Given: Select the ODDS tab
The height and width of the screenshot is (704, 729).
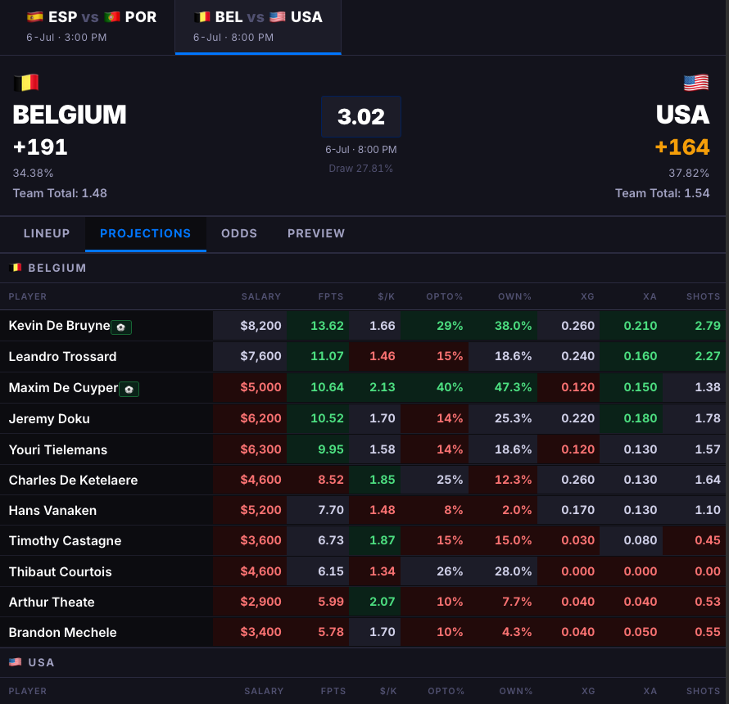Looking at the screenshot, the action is click(239, 233).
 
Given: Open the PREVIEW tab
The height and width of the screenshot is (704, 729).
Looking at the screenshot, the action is click(316, 233).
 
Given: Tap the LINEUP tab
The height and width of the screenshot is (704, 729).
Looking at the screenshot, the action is click(47, 233).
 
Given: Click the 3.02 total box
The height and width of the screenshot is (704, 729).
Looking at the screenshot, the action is click(361, 116).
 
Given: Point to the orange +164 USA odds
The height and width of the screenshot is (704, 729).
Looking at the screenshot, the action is click(682, 147).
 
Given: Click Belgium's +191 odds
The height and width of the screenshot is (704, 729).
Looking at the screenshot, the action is click(40, 147).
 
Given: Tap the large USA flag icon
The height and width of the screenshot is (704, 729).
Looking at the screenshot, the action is click(696, 83).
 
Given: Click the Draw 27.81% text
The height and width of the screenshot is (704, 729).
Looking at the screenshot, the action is click(360, 168).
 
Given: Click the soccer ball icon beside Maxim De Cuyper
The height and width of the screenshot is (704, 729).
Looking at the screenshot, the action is click(129, 390).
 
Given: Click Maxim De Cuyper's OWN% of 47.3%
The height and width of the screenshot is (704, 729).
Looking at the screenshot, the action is click(513, 387).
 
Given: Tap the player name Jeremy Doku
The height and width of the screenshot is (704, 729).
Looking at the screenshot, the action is click(49, 418).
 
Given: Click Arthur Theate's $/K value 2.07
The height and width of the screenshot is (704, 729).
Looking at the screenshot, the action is click(383, 602).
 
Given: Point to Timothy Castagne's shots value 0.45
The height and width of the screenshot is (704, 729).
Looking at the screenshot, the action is click(707, 540).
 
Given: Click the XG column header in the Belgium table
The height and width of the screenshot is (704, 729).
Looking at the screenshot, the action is click(587, 296).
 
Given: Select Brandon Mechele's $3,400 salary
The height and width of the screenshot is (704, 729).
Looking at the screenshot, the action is click(260, 632).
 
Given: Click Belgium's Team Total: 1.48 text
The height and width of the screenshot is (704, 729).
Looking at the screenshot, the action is click(60, 193).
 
